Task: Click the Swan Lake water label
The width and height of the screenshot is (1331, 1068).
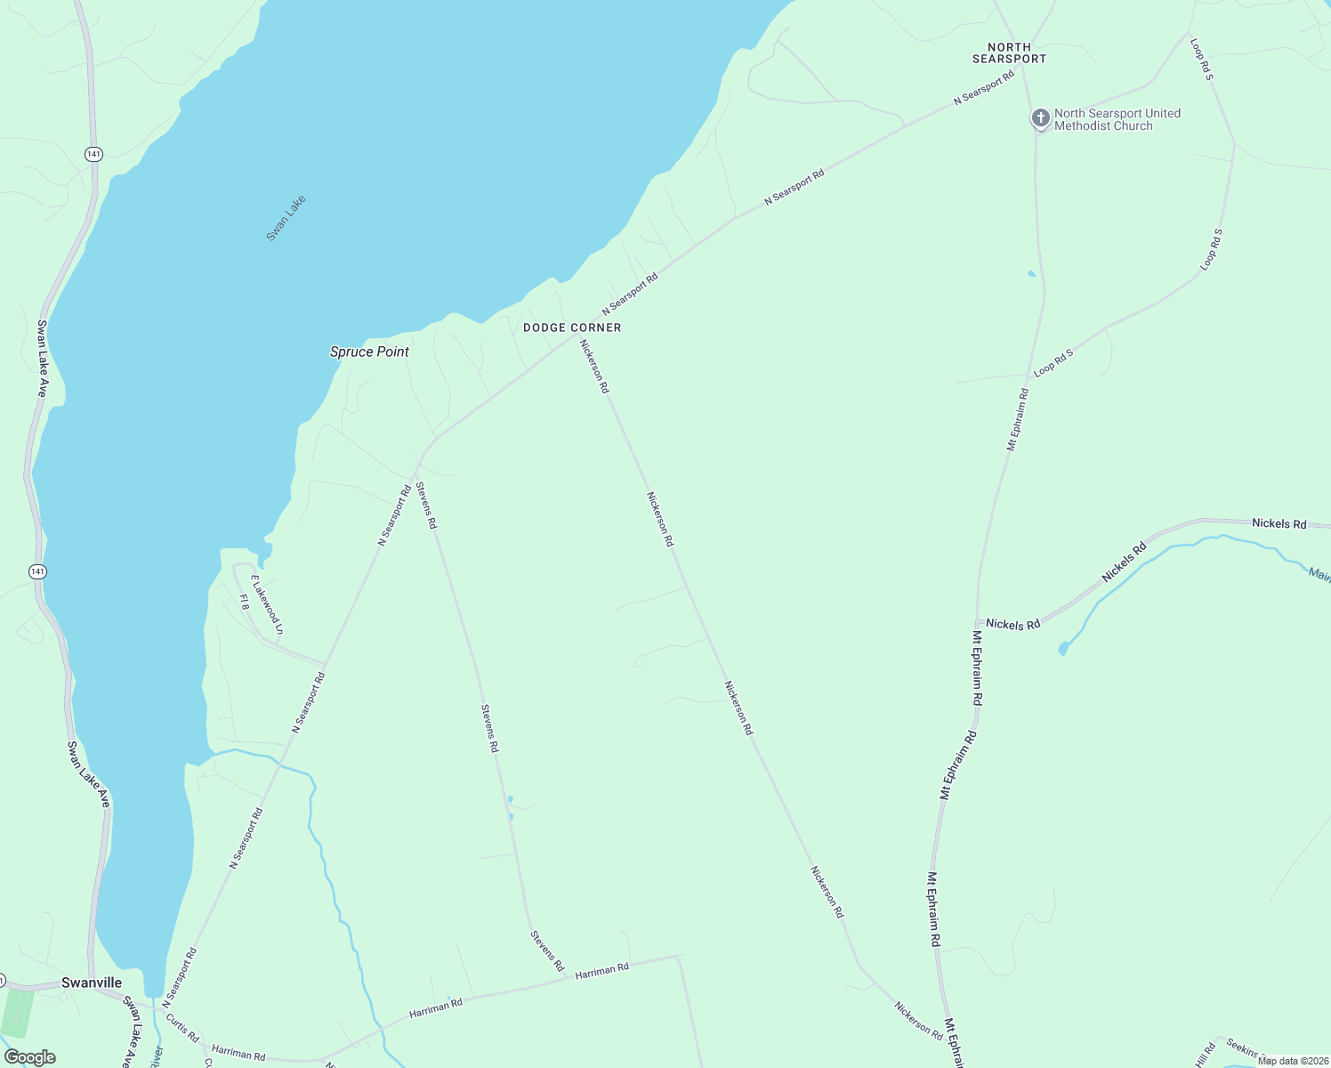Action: [286, 217]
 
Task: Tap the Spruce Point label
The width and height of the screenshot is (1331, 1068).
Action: [369, 352]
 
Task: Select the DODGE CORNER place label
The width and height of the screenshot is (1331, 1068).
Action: [572, 328]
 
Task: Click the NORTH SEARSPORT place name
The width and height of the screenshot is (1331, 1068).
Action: [1009, 53]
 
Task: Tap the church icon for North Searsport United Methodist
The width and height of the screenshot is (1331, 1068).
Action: [1040, 118]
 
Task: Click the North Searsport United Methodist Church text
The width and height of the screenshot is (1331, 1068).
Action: [1117, 119]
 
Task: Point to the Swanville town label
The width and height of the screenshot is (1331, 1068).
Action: [92, 983]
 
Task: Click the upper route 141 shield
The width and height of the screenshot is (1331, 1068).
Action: [94, 154]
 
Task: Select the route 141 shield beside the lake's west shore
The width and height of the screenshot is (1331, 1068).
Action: [37, 571]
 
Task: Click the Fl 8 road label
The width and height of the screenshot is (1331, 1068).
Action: [244, 601]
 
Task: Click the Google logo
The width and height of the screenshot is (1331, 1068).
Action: [29, 1057]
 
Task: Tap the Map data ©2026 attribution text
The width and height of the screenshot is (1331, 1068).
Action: [1293, 1060]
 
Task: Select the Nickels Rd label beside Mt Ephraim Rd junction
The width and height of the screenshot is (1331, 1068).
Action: [1012, 625]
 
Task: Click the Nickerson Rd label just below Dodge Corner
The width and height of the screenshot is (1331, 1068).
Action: [594, 366]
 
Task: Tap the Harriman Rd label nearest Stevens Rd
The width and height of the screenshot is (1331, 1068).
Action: [601, 970]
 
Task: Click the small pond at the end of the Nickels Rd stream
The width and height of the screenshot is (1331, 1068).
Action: [1063, 649]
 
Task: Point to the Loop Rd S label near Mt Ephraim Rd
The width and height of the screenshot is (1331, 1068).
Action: [1053, 362]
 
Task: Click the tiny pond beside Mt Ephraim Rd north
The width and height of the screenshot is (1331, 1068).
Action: [1032, 273]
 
